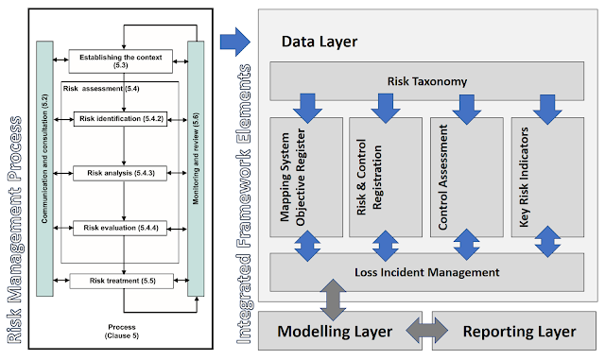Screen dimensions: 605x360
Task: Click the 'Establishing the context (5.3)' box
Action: (x=120, y=61)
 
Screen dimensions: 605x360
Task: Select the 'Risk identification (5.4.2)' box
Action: (x=120, y=119)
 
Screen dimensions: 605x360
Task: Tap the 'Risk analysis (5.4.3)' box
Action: (x=120, y=173)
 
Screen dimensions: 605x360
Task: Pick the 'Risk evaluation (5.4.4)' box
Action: (x=120, y=228)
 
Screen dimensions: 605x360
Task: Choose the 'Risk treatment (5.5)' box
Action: (x=122, y=281)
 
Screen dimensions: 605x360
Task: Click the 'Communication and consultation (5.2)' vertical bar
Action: (x=44, y=168)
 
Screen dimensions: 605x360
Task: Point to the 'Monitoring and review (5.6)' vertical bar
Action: (x=196, y=168)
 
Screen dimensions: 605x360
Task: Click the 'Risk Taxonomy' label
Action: (x=427, y=81)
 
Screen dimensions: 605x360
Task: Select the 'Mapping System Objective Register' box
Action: (x=306, y=177)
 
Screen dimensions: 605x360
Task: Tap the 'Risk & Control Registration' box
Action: (x=386, y=177)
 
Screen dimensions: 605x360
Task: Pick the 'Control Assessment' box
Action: (x=467, y=177)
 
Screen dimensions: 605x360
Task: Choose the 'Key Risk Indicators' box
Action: (x=547, y=177)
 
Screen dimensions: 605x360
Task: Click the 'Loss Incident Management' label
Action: (x=427, y=272)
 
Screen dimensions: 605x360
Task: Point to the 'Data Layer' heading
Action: (x=320, y=42)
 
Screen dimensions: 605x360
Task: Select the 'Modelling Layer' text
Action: (x=335, y=332)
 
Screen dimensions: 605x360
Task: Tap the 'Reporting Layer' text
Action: (x=519, y=332)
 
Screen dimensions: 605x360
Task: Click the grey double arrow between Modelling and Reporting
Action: (x=427, y=331)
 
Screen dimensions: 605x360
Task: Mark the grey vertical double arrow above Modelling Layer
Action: (x=333, y=300)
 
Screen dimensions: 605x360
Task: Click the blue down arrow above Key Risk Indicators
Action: (x=547, y=110)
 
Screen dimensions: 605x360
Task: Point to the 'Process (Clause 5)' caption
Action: (x=122, y=332)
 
